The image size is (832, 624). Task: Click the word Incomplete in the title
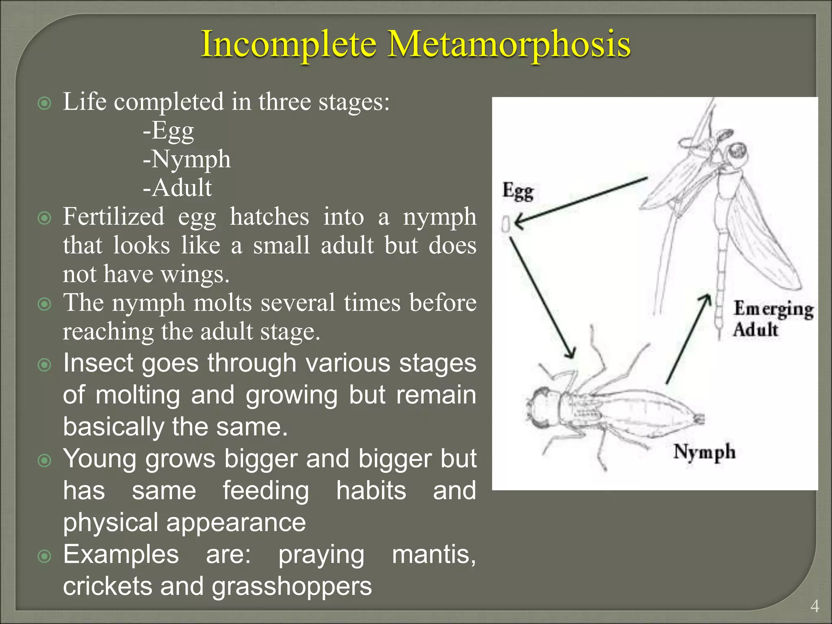(289, 45)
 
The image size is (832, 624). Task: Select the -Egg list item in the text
(169, 131)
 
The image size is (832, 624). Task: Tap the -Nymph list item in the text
(187, 159)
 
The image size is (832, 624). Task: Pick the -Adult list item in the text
(178, 188)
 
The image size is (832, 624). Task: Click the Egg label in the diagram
(518, 191)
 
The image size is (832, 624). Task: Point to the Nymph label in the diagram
(704, 452)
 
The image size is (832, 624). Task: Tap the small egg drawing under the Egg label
(506, 224)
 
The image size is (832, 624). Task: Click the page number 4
(814, 606)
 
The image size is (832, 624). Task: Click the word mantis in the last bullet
(433, 555)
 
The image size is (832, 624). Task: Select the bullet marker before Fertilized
(44, 218)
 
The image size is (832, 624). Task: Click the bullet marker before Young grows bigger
(44, 460)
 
